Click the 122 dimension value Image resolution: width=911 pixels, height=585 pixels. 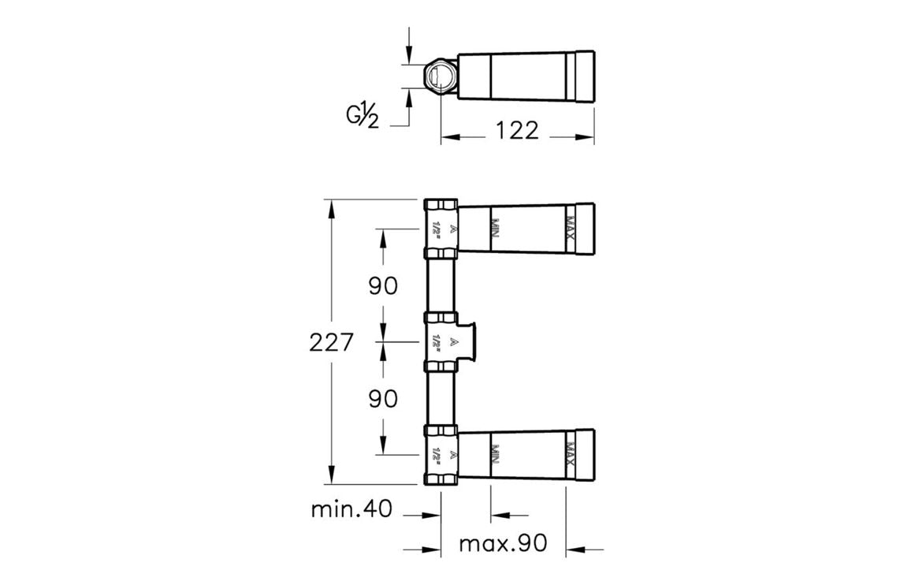coord(517,130)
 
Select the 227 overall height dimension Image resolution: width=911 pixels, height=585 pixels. coord(330,341)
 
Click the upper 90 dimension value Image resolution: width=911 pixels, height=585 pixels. coord(384,285)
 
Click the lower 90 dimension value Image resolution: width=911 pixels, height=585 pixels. coord(384,398)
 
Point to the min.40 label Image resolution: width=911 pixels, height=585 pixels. coord(351,509)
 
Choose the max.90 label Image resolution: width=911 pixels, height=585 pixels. coord(503,544)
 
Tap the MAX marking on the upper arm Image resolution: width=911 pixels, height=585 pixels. coord(571,227)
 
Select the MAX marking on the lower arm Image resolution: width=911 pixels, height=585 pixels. coord(571,454)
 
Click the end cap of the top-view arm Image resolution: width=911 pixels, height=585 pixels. coord(586,76)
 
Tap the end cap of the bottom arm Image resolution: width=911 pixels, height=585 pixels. coord(586,454)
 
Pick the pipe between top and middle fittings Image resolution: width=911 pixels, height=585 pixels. coord(441,285)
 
